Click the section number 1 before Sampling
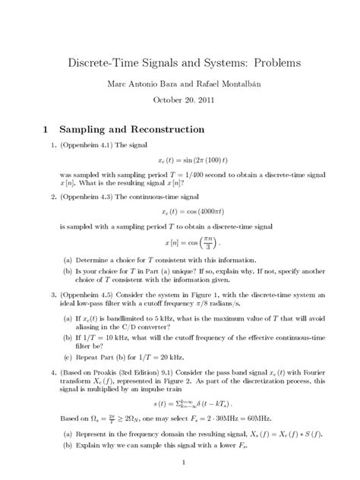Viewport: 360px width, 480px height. tap(46, 130)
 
